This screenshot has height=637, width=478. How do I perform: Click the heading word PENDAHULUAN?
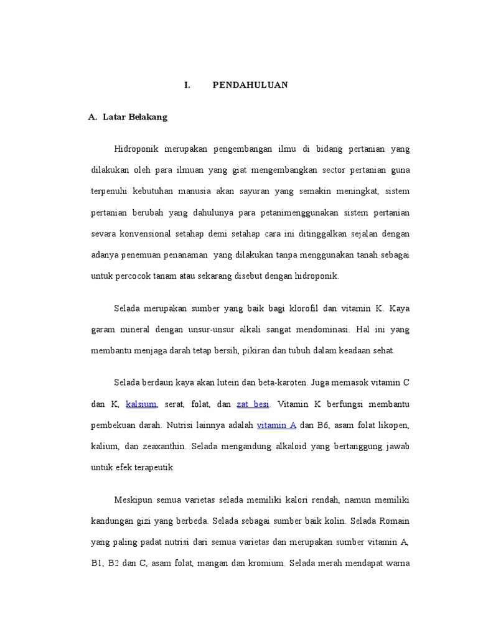coord(250,85)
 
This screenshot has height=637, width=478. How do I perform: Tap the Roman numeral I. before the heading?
coord(187,85)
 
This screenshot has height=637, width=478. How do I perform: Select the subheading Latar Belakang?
coord(135,117)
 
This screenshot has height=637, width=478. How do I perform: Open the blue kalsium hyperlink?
coord(141,404)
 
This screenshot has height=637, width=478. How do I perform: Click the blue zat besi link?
coord(253,404)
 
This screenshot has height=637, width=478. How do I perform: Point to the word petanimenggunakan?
coord(299,213)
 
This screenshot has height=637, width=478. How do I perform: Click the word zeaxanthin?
coord(162,447)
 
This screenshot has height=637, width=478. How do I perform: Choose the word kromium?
coord(266,564)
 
